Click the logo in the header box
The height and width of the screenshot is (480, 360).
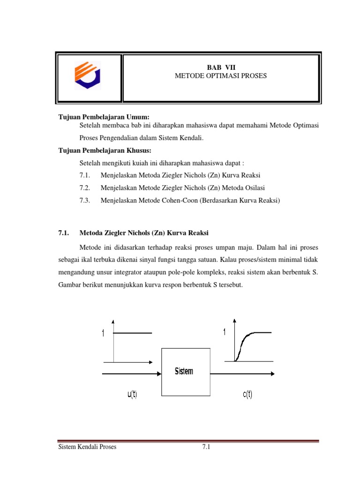tap(88, 77)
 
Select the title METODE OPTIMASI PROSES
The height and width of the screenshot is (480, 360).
tap(220, 75)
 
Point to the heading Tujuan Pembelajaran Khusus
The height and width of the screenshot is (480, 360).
tap(105, 150)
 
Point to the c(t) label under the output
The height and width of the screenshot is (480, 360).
tap(247, 395)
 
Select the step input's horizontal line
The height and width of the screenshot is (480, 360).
tap(133, 333)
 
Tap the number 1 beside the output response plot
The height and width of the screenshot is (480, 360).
tap(225, 332)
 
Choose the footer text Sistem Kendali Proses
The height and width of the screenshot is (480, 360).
tap(87, 447)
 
